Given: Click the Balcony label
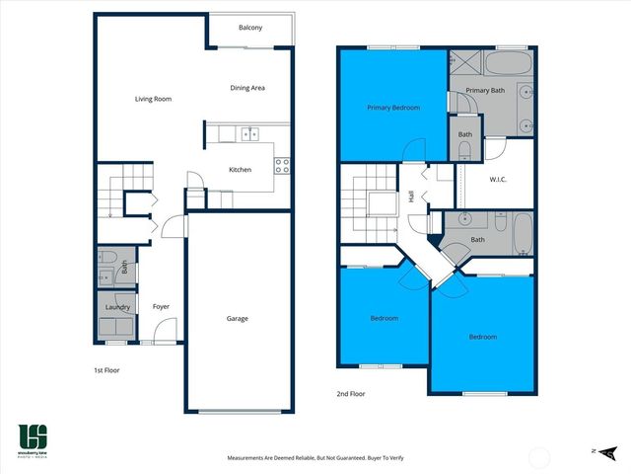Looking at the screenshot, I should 250,28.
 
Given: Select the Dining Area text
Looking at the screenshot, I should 247,88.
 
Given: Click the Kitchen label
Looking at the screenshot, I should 240,170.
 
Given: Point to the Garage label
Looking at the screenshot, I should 237,318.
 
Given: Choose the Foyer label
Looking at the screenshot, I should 161,307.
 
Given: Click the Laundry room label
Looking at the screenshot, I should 117,307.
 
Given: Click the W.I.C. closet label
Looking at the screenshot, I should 499,179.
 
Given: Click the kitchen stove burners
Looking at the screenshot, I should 281,166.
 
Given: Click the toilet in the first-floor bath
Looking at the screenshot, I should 125,264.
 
